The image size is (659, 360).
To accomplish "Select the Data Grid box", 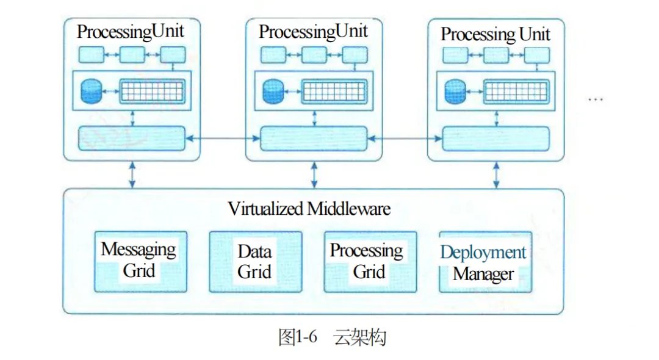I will click(x=254, y=261).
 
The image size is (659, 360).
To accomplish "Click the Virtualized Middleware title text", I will click(x=309, y=209).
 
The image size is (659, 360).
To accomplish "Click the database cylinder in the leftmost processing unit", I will click(x=92, y=92).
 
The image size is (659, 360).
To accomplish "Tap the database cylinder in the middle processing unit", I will click(x=273, y=92).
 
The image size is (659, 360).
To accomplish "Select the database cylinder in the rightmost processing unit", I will click(x=455, y=92).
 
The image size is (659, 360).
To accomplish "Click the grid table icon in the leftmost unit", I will click(x=151, y=92).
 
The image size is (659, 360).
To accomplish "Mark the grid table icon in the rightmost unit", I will click(x=514, y=92).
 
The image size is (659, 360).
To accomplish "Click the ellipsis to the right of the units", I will click(x=595, y=98).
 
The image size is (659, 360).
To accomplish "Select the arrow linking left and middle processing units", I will click(x=223, y=140).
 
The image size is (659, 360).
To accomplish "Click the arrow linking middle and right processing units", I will click(x=405, y=140).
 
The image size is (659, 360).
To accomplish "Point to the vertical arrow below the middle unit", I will click(x=314, y=175).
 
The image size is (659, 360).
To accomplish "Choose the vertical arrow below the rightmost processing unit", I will click(x=495, y=175).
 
